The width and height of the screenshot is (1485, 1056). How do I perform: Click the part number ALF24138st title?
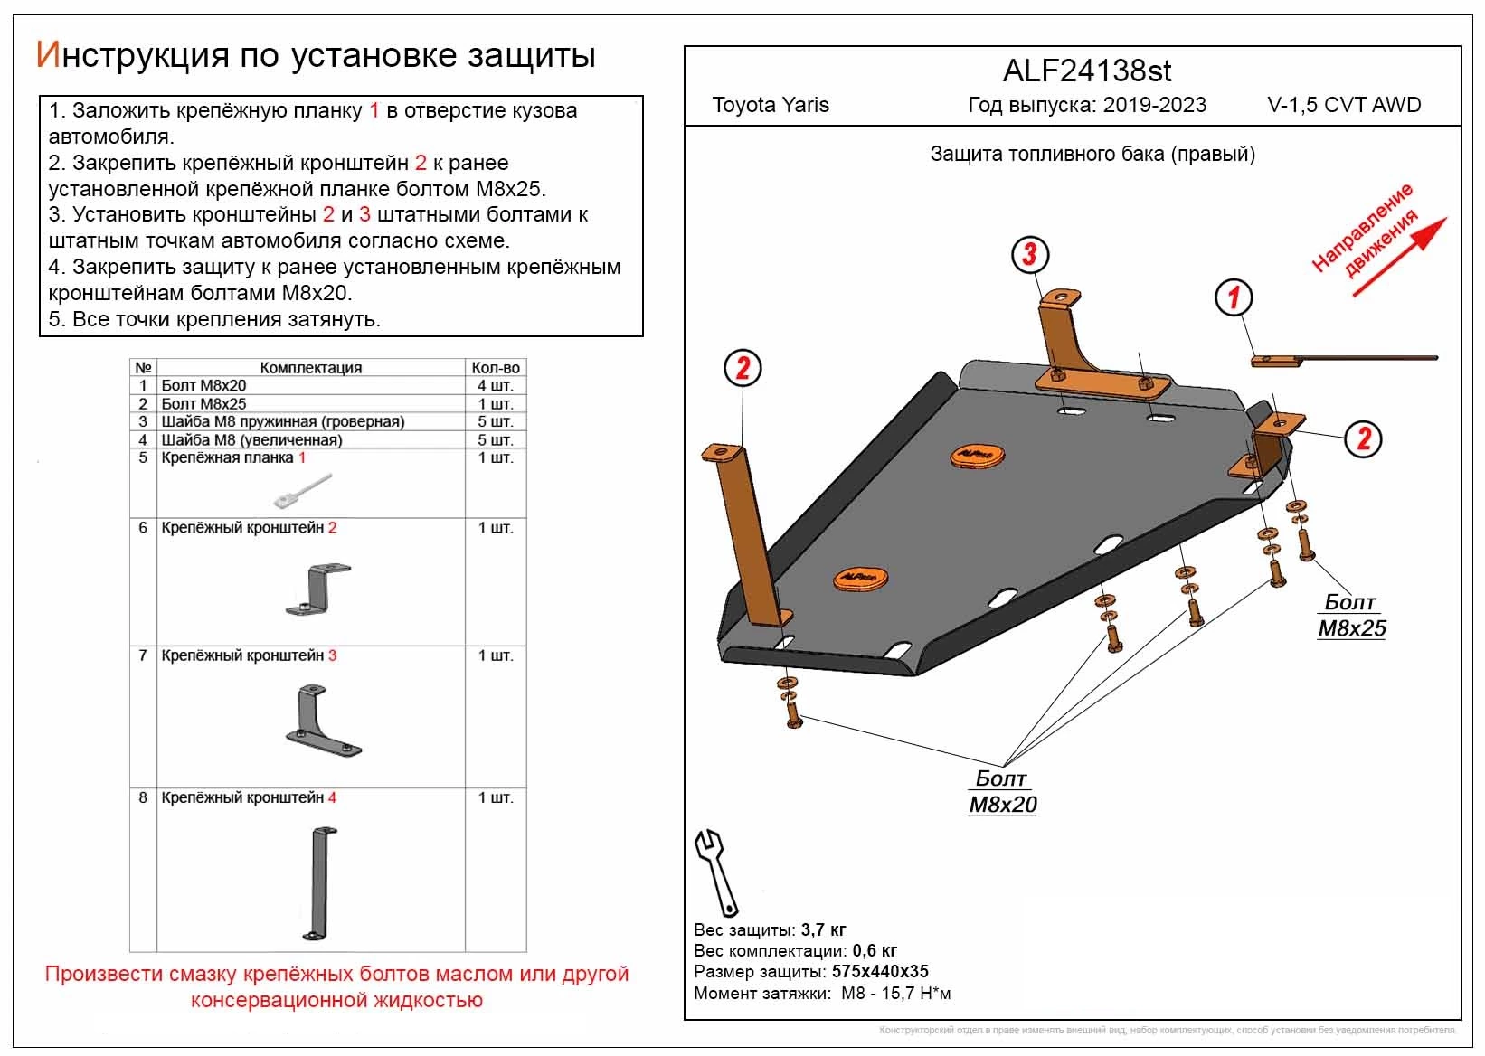point(1087,71)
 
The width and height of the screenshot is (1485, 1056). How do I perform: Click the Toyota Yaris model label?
point(771,105)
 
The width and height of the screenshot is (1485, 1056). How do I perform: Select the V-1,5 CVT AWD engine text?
point(1344,105)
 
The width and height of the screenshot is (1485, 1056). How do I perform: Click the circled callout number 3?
point(1029,254)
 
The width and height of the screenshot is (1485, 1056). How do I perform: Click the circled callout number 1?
point(1234,297)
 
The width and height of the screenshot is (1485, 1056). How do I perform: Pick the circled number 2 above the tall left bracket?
point(742,368)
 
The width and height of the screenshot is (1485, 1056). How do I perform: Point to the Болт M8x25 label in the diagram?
point(1351,615)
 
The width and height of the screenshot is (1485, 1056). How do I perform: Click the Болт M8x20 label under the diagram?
point(1002,791)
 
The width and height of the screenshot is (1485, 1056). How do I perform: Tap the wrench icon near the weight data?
point(716,872)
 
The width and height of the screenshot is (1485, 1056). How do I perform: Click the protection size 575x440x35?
point(880,972)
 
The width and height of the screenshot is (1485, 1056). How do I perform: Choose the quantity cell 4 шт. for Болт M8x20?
point(496,386)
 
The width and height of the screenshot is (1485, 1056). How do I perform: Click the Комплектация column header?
point(310,368)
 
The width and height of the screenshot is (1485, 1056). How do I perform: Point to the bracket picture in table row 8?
point(321,882)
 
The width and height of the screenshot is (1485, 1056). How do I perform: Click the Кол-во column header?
point(496,368)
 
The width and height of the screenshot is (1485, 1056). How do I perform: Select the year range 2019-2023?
point(1154,105)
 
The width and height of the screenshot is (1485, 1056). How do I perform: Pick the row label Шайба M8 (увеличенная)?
point(251,440)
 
